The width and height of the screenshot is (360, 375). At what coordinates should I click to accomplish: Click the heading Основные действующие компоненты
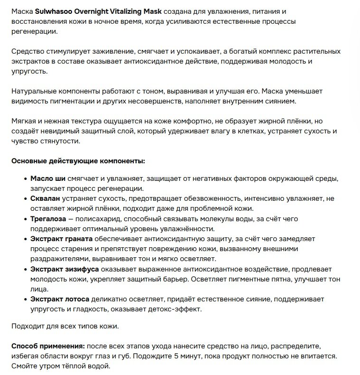pyautogui.click(x=78, y=161)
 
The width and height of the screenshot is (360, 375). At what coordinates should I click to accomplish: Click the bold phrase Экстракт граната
pyautogui.click(x=62, y=238)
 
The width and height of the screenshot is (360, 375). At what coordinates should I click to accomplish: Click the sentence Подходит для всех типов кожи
pyautogui.click(x=65, y=326)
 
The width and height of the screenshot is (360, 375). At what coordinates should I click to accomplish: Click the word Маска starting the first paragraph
pyautogui.click(x=22, y=11)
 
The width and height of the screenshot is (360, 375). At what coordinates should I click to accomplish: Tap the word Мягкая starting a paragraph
pyautogui.click(x=25, y=121)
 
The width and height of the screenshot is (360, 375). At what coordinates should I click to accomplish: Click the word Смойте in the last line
pyautogui.click(x=24, y=366)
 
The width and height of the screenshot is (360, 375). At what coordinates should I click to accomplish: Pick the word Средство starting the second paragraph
pyautogui.click(x=28, y=51)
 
